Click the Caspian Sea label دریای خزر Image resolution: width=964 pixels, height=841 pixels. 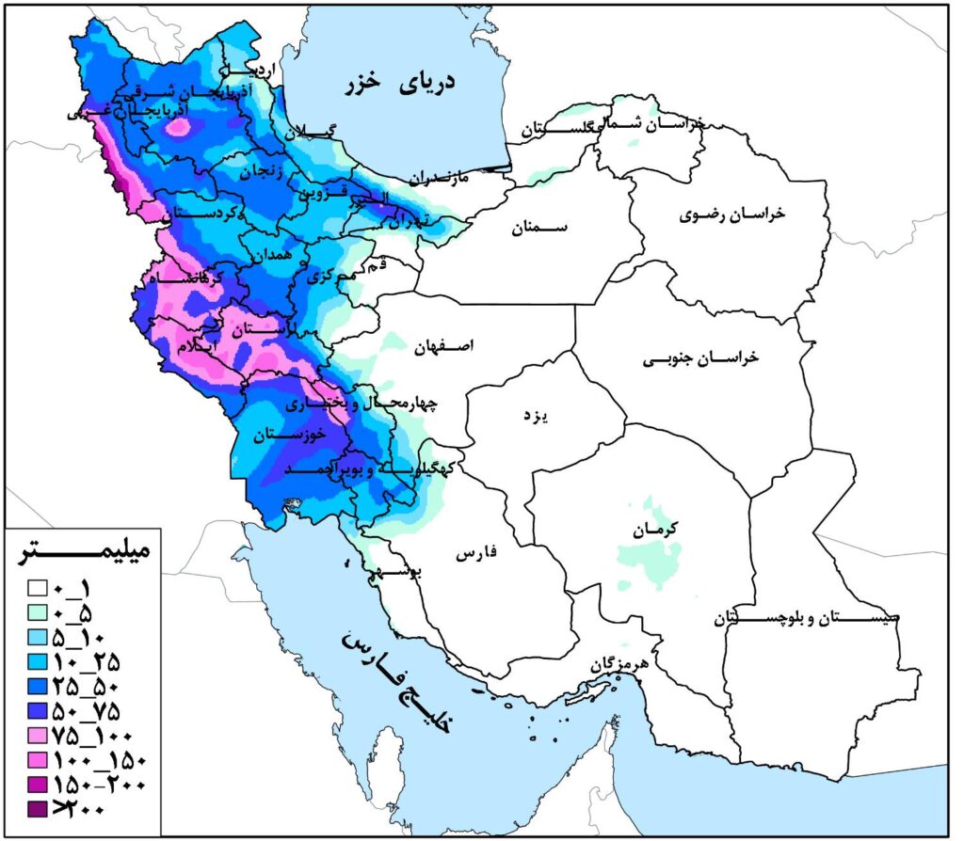(400, 83)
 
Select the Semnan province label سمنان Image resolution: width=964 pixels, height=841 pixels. (542, 228)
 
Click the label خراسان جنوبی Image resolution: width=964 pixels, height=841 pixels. (700, 359)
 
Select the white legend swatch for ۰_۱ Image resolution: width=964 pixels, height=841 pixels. (38, 589)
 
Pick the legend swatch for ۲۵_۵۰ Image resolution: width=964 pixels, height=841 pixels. (38, 686)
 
